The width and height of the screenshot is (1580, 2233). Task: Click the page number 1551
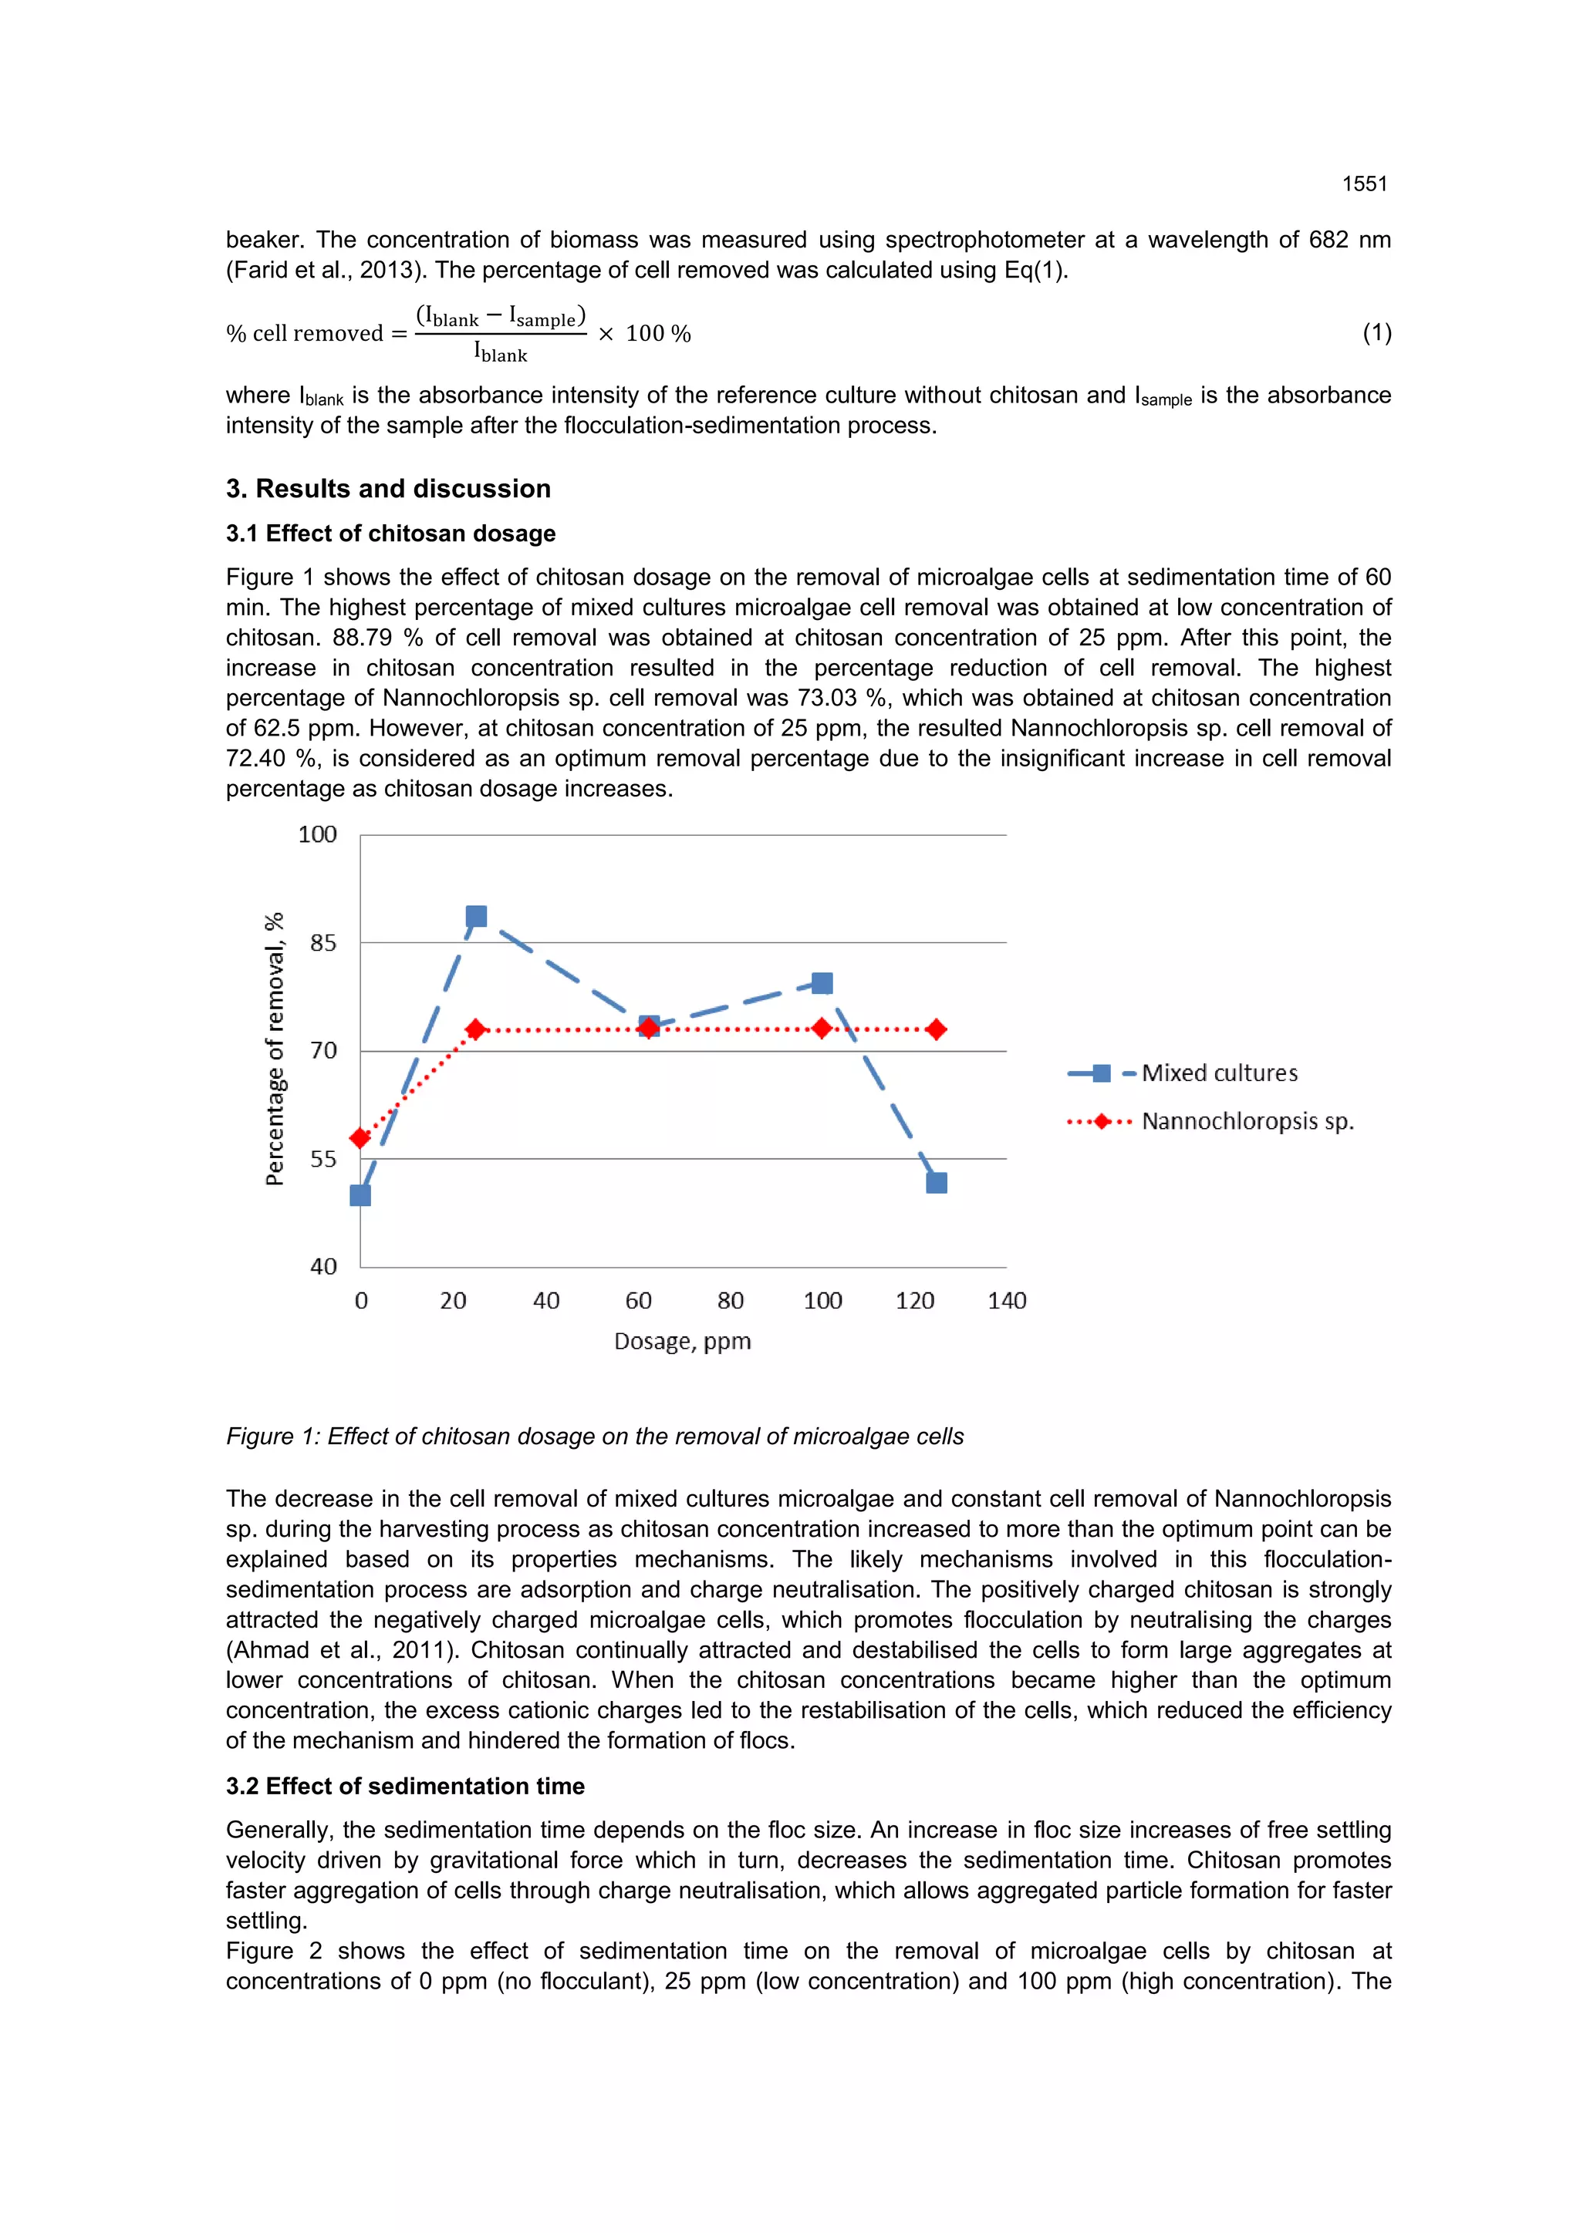[x=1364, y=184]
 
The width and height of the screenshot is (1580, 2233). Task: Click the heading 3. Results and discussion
[x=388, y=488]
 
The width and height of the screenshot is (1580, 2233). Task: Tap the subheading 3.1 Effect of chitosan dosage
[x=390, y=533]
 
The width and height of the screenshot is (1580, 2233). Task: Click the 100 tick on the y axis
[x=317, y=834]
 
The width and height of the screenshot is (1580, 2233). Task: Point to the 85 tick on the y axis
[x=323, y=942]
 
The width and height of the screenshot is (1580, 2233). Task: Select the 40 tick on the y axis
[x=323, y=1266]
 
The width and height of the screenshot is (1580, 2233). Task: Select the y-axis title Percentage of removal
[x=275, y=1049]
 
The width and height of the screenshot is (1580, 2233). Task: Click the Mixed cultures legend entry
[x=1219, y=1073]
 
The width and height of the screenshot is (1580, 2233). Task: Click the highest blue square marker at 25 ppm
[x=476, y=916]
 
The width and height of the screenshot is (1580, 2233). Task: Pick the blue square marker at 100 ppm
[x=822, y=983]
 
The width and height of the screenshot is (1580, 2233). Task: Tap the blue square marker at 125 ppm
[x=937, y=1183]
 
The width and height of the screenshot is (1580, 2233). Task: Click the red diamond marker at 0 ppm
[x=360, y=1138]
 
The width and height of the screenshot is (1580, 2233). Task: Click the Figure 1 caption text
[x=595, y=1436]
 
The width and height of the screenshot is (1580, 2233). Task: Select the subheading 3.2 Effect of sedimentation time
[x=405, y=1786]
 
